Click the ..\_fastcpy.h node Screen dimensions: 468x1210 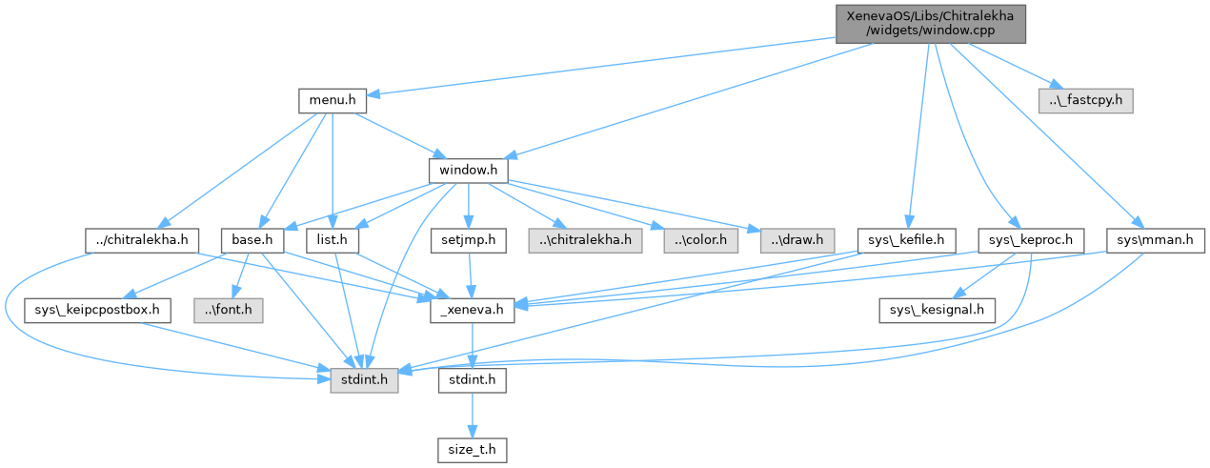(1085, 99)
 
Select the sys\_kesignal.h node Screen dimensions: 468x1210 (937, 310)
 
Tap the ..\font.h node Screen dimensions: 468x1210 (231, 310)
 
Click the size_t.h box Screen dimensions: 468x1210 (473, 447)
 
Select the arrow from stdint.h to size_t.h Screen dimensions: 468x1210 (473, 415)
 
